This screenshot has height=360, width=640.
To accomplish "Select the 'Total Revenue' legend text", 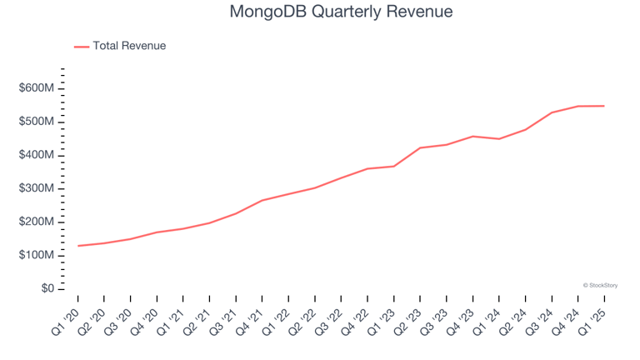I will pos(129,46).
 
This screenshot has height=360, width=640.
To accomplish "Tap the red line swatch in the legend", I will pos(82,47).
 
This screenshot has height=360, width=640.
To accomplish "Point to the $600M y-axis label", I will pos(37,88).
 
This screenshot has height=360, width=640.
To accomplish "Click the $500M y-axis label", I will pos(37,122).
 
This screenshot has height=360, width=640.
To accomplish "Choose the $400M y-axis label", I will pos(37,155).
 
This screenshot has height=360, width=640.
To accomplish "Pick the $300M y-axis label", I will pos(37,188).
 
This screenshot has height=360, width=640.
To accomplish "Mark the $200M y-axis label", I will pos(37,222).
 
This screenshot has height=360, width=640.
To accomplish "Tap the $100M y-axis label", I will pos(37,255).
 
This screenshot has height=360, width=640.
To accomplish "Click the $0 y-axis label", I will pos(47,288).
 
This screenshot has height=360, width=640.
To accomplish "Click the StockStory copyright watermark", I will pos(600,285).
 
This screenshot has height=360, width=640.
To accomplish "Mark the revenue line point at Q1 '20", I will pos(78,246).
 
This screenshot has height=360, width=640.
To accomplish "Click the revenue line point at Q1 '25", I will pos(604,106).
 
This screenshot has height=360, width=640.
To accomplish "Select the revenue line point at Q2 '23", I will pos(420,147).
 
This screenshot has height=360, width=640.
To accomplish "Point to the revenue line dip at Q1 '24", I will pos(499,138).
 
